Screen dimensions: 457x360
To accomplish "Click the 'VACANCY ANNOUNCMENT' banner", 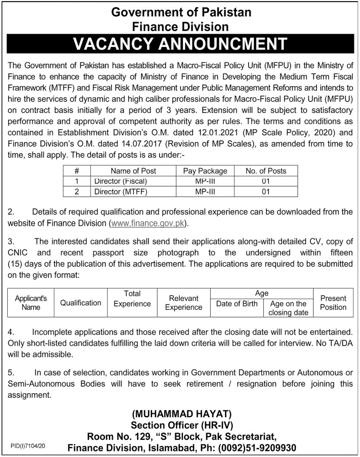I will click(x=180, y=44).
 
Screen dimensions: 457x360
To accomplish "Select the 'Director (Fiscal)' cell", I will click(x=121, y=181).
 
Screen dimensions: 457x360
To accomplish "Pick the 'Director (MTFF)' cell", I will click(x=121, y=192).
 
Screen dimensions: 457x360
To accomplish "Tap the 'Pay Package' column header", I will click(x=205, y=171).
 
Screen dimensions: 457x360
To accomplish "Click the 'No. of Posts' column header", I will click(x=265, y=171).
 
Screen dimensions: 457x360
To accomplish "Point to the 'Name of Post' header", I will click(x=133, y=171).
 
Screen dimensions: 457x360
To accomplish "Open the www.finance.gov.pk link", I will click(x=148, y=223).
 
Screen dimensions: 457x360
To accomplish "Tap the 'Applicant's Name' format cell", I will click(x=31, y=303).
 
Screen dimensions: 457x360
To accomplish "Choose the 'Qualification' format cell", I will click(x=81, y=303).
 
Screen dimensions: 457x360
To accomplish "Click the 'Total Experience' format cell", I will click(x=132, y=299).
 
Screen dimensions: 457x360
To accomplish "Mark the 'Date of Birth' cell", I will click(x=237, y=304).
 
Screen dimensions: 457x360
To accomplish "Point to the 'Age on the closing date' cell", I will click(x=288, y=308).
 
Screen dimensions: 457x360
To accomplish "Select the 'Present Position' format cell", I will click(x=333, y=303).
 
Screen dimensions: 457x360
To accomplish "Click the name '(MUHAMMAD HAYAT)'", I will click(x=181, y=414).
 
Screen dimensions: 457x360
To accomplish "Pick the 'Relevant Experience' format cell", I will click(x=184, y=303).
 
